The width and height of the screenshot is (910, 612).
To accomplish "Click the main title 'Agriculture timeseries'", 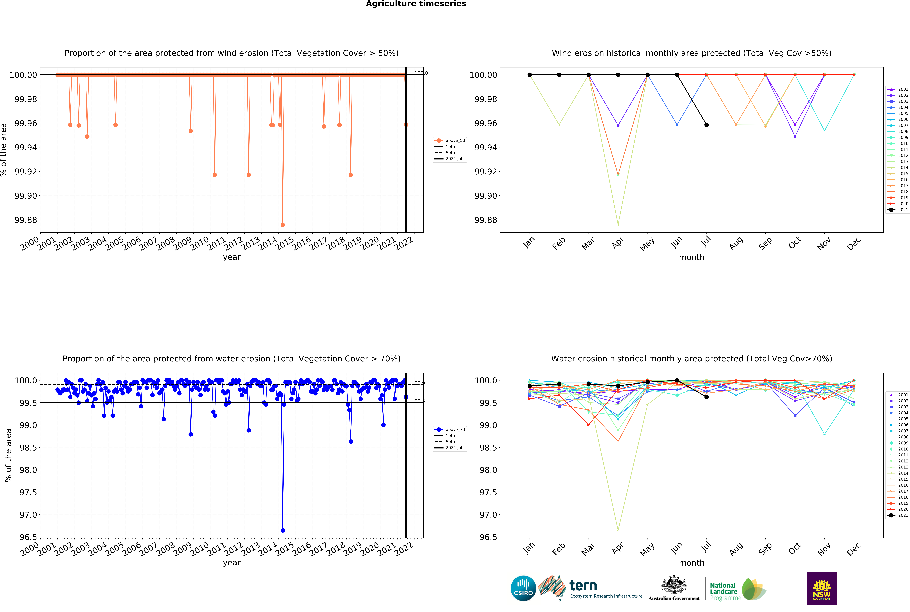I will point(416,4).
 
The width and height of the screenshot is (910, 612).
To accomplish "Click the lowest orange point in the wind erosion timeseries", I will point(283,225).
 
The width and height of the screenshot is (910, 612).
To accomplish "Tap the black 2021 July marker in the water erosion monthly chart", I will point(706,397).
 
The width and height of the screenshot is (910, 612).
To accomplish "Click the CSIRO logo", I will point(523,588).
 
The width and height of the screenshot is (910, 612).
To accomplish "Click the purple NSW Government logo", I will point(821,588).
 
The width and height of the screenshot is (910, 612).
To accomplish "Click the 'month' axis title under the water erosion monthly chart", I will point(692,563).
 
